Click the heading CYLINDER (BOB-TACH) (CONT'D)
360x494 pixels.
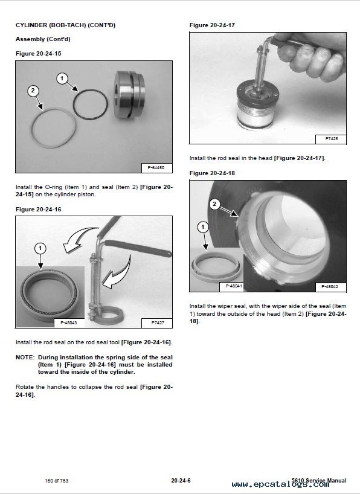(65, 25)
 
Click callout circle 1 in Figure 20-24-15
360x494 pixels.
(62, 78)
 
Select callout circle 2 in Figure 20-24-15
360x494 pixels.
(33, 91)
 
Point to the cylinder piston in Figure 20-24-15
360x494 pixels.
(129, 95)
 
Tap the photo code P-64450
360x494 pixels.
(156, 168)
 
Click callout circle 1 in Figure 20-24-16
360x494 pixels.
(40, 248)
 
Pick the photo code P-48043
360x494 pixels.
(69, 322)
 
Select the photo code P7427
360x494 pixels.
(158, 323)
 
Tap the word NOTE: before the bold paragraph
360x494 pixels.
(25, 358)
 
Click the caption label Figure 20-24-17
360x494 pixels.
(212, 25)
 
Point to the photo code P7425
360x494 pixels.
(332, 139)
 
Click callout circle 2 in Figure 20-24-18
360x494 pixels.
(214, 204)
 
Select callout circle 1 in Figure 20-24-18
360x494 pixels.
(203, 227)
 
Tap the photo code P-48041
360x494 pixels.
(234, 286)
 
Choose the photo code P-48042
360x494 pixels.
(330, 287)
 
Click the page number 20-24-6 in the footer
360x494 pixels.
(181, 481)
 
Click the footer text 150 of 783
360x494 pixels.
(56, 481)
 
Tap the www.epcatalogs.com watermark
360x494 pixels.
(280, 484)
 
